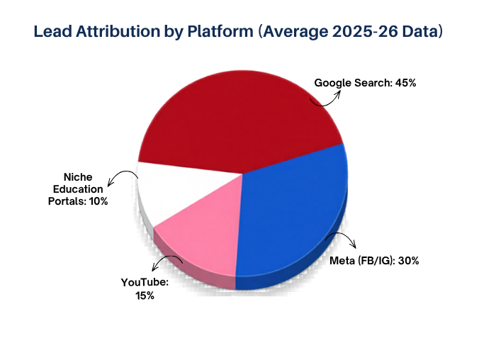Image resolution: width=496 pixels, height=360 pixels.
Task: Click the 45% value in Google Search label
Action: (405, 83)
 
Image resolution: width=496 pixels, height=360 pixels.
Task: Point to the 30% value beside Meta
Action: (409, 260)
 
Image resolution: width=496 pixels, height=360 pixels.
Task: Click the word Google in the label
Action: (332, 83)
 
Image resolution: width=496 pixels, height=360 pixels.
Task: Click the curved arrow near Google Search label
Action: (327, 98)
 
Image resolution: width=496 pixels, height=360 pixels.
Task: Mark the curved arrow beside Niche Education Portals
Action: (123, 179)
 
